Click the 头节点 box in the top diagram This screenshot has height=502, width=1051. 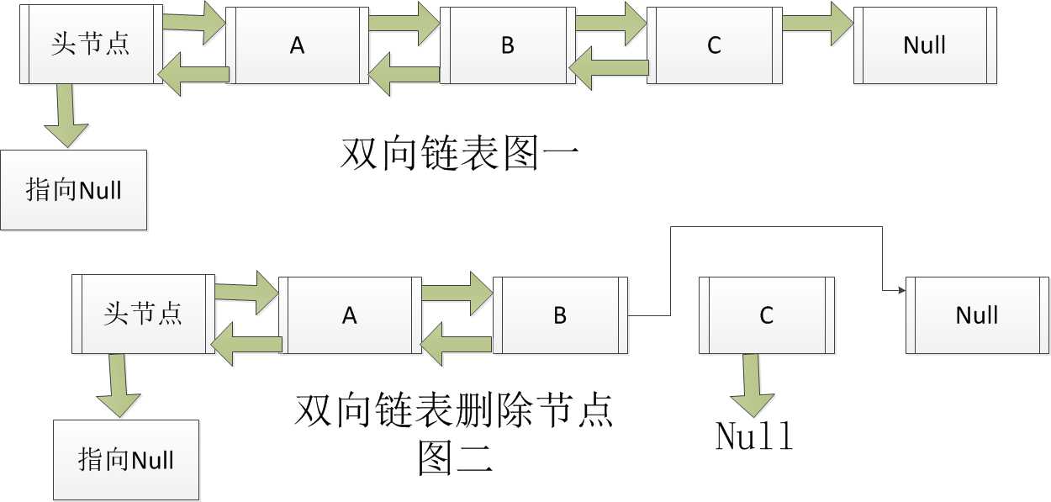click(91, 45)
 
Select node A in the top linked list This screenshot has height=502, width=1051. click(297, 45)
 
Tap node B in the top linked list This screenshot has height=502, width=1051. click(508, 45)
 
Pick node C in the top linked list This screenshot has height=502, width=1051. click(715, 45)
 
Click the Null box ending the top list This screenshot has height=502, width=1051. click(925, 45)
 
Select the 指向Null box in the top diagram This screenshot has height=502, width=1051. click(74, 190)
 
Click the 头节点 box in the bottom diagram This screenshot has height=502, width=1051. click(143, 314)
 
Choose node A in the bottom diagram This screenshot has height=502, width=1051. click(350, 315)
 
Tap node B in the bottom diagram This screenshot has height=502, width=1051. click(560, 315)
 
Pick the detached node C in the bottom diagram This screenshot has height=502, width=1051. click(767, 315)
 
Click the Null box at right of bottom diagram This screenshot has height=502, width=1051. click(977, 315)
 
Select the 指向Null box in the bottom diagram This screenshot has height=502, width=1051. click(126, 460)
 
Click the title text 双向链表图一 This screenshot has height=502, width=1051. click(459, 154)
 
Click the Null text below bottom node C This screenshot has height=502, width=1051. click(754, 436)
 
